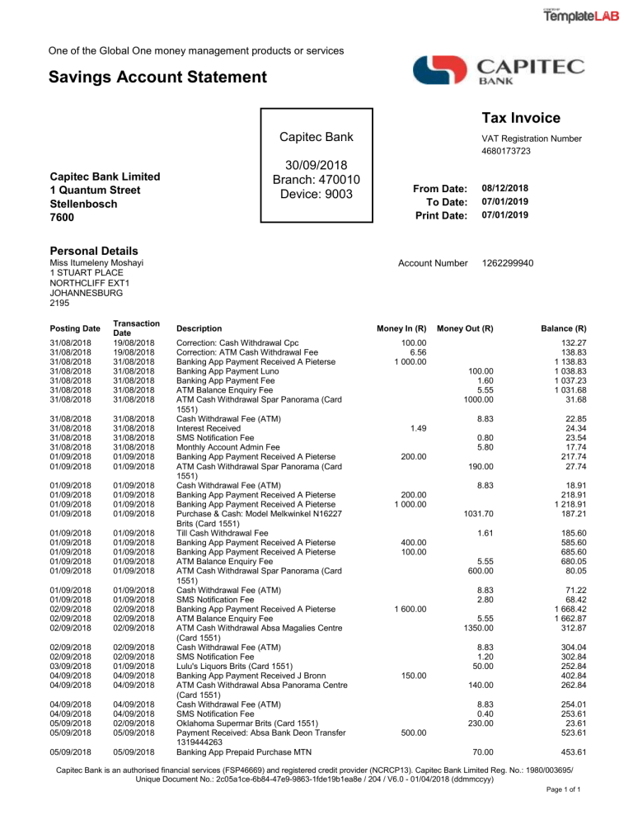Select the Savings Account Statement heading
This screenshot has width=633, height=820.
point(158,78)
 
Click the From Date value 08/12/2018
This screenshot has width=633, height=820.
point(504,189)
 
